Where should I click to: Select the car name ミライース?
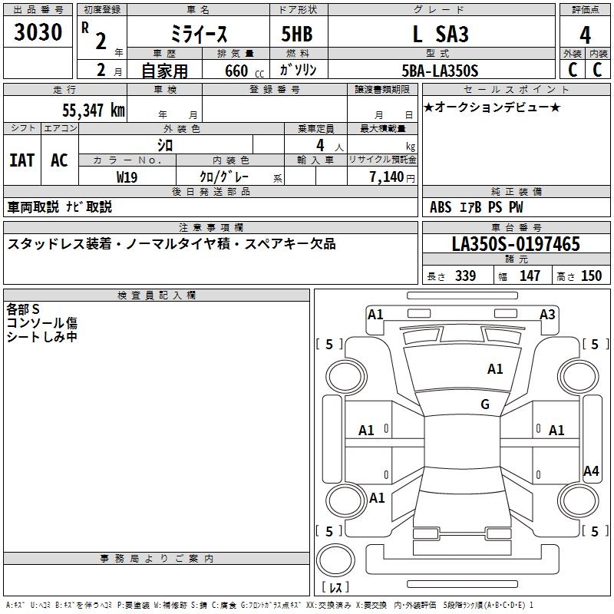[x=197, y=35]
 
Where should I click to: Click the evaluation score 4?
[x=585, y=35]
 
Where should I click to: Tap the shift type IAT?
[x=21, y=160]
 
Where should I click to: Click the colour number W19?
[x=127, y=177]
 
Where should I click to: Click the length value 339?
[x=465, y=276]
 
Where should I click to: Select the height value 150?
[x=591, y=276]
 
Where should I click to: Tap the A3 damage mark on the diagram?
[x=547, y=314]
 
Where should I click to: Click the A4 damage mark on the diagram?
[x=591, y=471]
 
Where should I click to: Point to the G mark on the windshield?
[x=485, y=404]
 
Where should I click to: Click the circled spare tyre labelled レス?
[x=335, y=560]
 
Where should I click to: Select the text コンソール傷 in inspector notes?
[x=42, y=323]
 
